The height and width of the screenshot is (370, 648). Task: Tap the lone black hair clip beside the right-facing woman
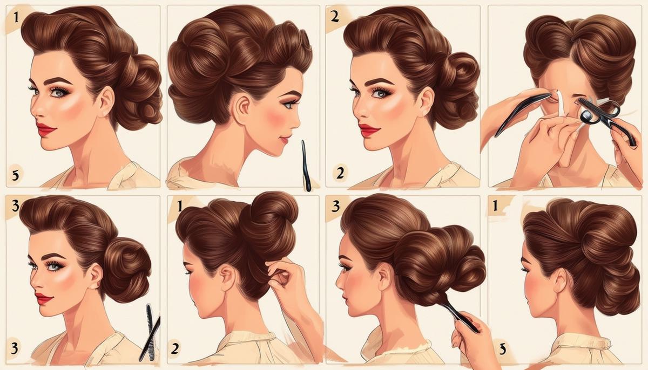click(x=306, y=165)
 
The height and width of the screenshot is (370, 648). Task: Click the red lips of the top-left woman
click(x=46, y=129)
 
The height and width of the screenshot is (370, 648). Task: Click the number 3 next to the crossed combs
click(x=14, y=348)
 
